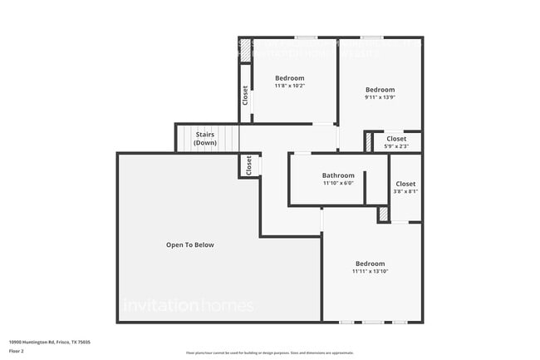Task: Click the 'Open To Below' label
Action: coord(190,244)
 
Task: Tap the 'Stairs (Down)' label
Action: coord(205,138)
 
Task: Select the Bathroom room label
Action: coord(338,175)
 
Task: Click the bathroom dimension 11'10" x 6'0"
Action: coord(338,183)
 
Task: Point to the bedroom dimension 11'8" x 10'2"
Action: coord(290,86)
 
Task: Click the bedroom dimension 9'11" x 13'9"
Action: coord(380,97)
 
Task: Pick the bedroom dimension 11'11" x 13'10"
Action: coord(370,271)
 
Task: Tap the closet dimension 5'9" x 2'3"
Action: coord(396,146)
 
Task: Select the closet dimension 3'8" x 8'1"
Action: coord(405,190)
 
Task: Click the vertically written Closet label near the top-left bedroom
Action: coord(245,95)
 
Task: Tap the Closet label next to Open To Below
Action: coord(248,165)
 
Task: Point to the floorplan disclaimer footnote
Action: coord(269,353)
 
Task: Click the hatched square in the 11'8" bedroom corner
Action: coord(245,50)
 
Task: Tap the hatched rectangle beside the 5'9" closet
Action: coord(368,142)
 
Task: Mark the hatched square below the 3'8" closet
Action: coord(383,215)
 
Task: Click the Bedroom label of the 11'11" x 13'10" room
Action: coord(370,264)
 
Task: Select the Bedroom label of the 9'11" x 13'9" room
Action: coord(380,90)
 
